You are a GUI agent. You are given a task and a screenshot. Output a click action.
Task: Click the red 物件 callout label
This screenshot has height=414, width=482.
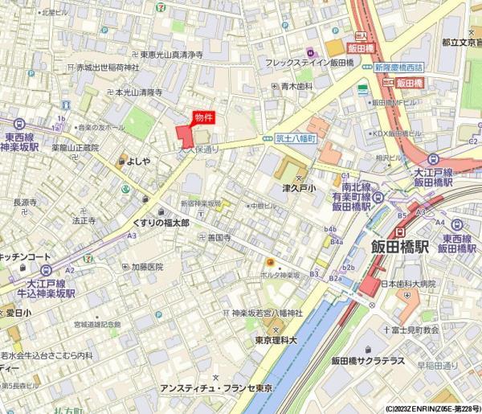point(204,117)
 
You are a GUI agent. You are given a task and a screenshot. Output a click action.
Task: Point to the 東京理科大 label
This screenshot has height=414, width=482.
point(276,339)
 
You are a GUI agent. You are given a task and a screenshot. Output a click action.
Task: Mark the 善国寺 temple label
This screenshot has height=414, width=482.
point(219,238)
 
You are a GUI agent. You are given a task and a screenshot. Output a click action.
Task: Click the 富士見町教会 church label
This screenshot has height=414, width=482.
point(415,330)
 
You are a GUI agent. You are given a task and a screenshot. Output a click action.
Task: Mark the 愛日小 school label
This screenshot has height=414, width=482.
point(18,312)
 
